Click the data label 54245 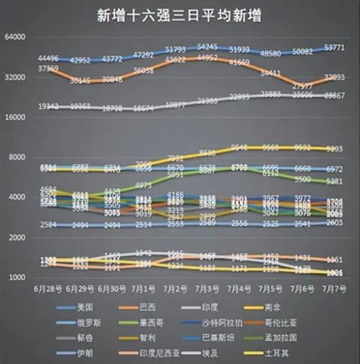pos(207,46)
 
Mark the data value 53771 pos(334,47)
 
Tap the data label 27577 pos(302,86)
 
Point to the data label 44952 pos(207,58)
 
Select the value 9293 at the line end pos(334,149)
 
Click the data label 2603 pos(334,222)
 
